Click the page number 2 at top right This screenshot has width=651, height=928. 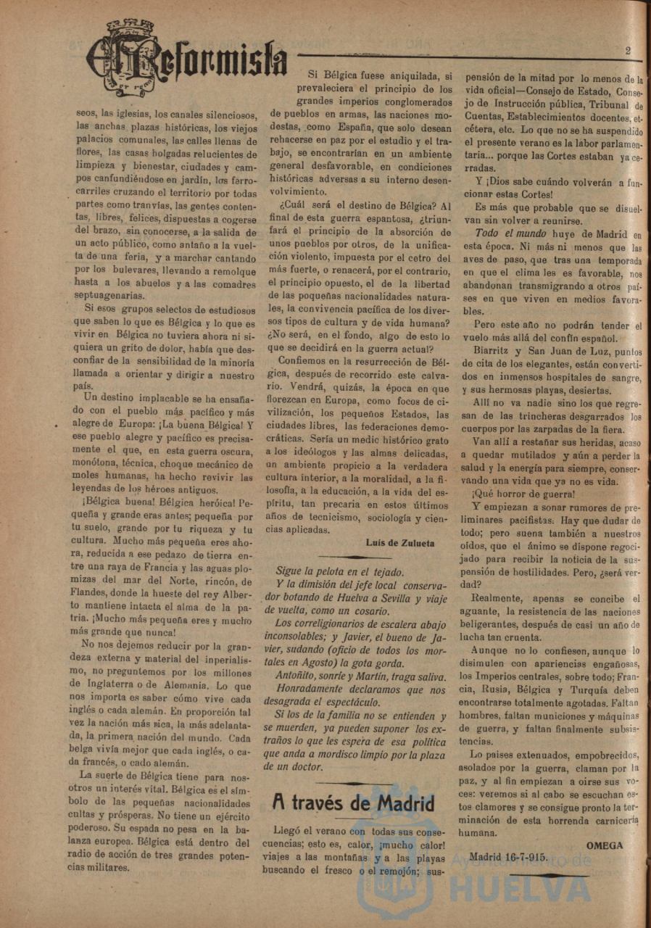pos(628,51)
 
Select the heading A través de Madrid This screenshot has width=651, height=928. pos(353,803)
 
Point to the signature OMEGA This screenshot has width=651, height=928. pos(604,845)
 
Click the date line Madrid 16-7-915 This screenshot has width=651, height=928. pos(508,856)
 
